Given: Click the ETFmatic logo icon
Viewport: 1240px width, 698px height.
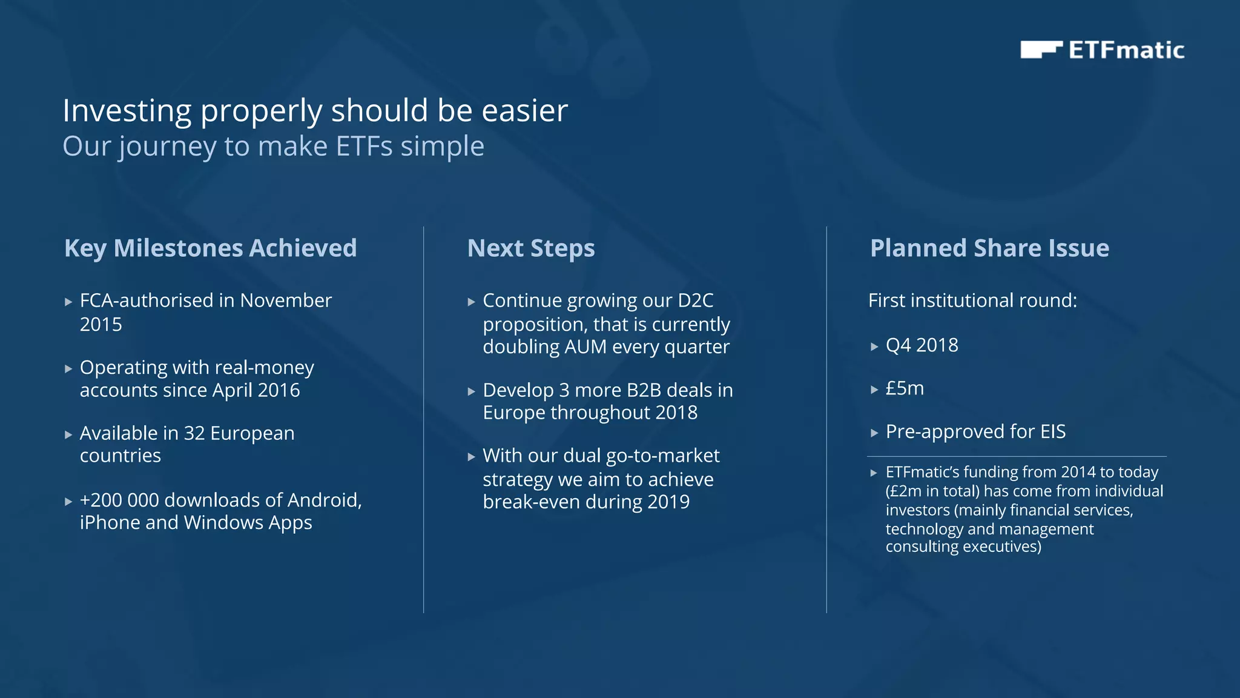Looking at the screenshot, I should click(x=1040, y=50).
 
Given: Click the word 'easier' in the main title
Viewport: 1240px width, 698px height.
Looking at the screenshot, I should click(x=524, y=111).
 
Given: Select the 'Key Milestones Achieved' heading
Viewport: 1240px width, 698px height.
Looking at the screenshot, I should click(x=210, y=248).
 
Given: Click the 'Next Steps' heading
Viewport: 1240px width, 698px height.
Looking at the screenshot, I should click(x=531, y=248).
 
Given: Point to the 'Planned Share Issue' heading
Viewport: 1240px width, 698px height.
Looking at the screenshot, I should click(x=989, y=248).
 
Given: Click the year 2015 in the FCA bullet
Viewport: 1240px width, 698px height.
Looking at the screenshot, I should click(x=101, y=325).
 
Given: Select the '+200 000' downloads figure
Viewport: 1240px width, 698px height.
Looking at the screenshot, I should click(x=119, y=500).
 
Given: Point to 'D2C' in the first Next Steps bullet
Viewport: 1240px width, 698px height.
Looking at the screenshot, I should click(x=696, y=301).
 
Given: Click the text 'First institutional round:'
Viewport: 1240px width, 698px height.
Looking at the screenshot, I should click(x=972, y=301).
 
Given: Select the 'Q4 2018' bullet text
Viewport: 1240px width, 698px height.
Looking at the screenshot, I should click(x=922, y=345).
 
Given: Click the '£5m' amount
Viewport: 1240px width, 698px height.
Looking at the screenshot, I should click(x=905, y=388).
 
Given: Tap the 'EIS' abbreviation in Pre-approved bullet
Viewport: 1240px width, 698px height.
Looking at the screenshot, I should click(x=1053, y=432).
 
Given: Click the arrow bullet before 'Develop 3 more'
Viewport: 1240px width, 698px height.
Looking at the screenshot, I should click(x=472, y=391).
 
